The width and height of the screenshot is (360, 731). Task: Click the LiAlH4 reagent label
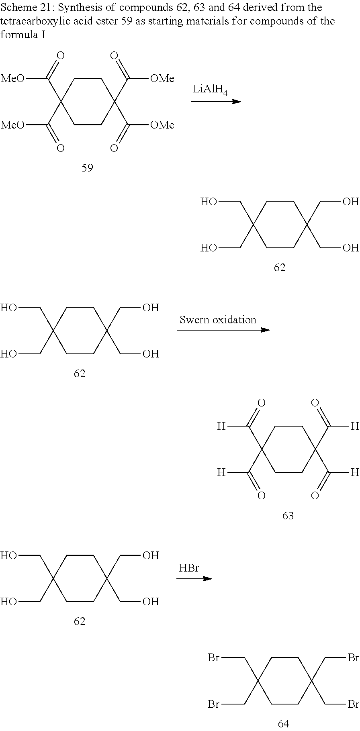pyautogui.click(x=210, y=90)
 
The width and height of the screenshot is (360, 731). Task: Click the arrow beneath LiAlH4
pyautogui.click(x=216, y=102)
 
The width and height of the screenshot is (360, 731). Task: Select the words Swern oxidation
pyautogui.click(x=218, y=320)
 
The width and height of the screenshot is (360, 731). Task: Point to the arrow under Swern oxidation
pyautogui.click(x=223, y=330)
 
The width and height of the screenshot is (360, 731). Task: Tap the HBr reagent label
pyautogui.click(x=189, y=568)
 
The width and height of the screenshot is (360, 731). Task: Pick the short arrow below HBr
pyautogui.click(x=194, y=578)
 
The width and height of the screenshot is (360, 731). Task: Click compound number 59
pyautogui.click(x=87, y=168)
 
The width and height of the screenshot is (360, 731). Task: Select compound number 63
pyautogui.click(x=288, y=515)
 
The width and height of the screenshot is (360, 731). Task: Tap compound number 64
pyautogui.click(x=284, y=723)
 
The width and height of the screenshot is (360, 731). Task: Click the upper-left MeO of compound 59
pyautogui.click(x=12, y=78)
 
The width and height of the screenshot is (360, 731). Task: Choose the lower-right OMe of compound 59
pyautogui.click(x=162, y=125)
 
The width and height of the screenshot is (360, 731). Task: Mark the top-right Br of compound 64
pyautogui.click(x=353, y=658)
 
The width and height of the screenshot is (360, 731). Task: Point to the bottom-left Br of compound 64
pyautogui.click(x=213, y=704)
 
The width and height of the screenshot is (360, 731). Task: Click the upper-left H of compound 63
pyautogui.click(x=221, y=426)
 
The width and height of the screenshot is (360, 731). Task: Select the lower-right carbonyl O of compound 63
pyautogui.click(x=315, y=496)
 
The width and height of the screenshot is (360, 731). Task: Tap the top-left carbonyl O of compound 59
pyautogui.click(x=60, y=56)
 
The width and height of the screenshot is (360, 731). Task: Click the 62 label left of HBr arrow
pyautogui.click(x=80, y=621)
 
